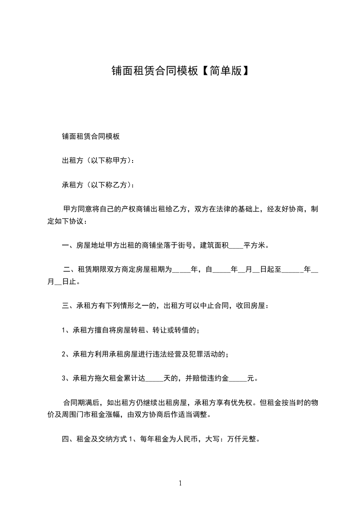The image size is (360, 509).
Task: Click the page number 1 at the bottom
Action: (180, 483)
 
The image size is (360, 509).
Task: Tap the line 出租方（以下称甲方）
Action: (98, 161)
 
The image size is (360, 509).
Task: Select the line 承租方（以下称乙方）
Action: (98, 185)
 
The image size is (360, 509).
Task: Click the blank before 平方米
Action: (236, 247)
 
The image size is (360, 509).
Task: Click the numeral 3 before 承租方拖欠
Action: (64, 378)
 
